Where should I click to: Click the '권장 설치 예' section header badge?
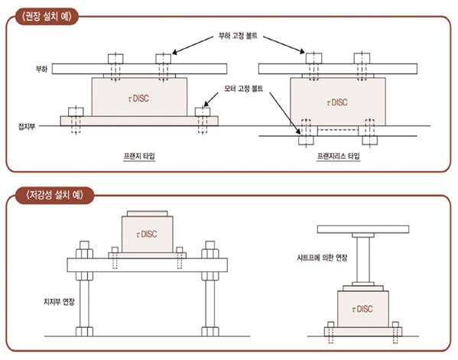point(47,16)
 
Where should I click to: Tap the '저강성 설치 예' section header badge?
point(54,195)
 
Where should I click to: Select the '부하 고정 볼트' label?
point(238,36)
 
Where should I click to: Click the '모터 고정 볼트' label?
point(244,88)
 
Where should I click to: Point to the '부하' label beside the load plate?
point(41,69)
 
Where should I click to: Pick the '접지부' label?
point(27,126)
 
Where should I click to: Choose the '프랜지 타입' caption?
point(139,156)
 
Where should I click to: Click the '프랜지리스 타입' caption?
point(339,156)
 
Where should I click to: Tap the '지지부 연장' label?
point(59,301)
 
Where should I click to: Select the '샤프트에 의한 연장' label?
point(322,258)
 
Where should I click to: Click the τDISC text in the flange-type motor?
point(138,99)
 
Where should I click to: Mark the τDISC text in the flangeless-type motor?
point(337,102)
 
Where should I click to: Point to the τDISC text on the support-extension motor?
point(147,234)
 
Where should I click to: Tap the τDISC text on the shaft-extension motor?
point(362,309)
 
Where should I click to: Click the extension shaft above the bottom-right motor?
point(363,260)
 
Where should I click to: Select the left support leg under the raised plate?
point(84,303)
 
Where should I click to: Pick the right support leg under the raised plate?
point(210,303)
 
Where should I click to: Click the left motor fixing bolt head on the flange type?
point(76,112)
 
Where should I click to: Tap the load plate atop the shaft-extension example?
point(363,229)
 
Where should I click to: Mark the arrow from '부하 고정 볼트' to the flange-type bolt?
point(193,45)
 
